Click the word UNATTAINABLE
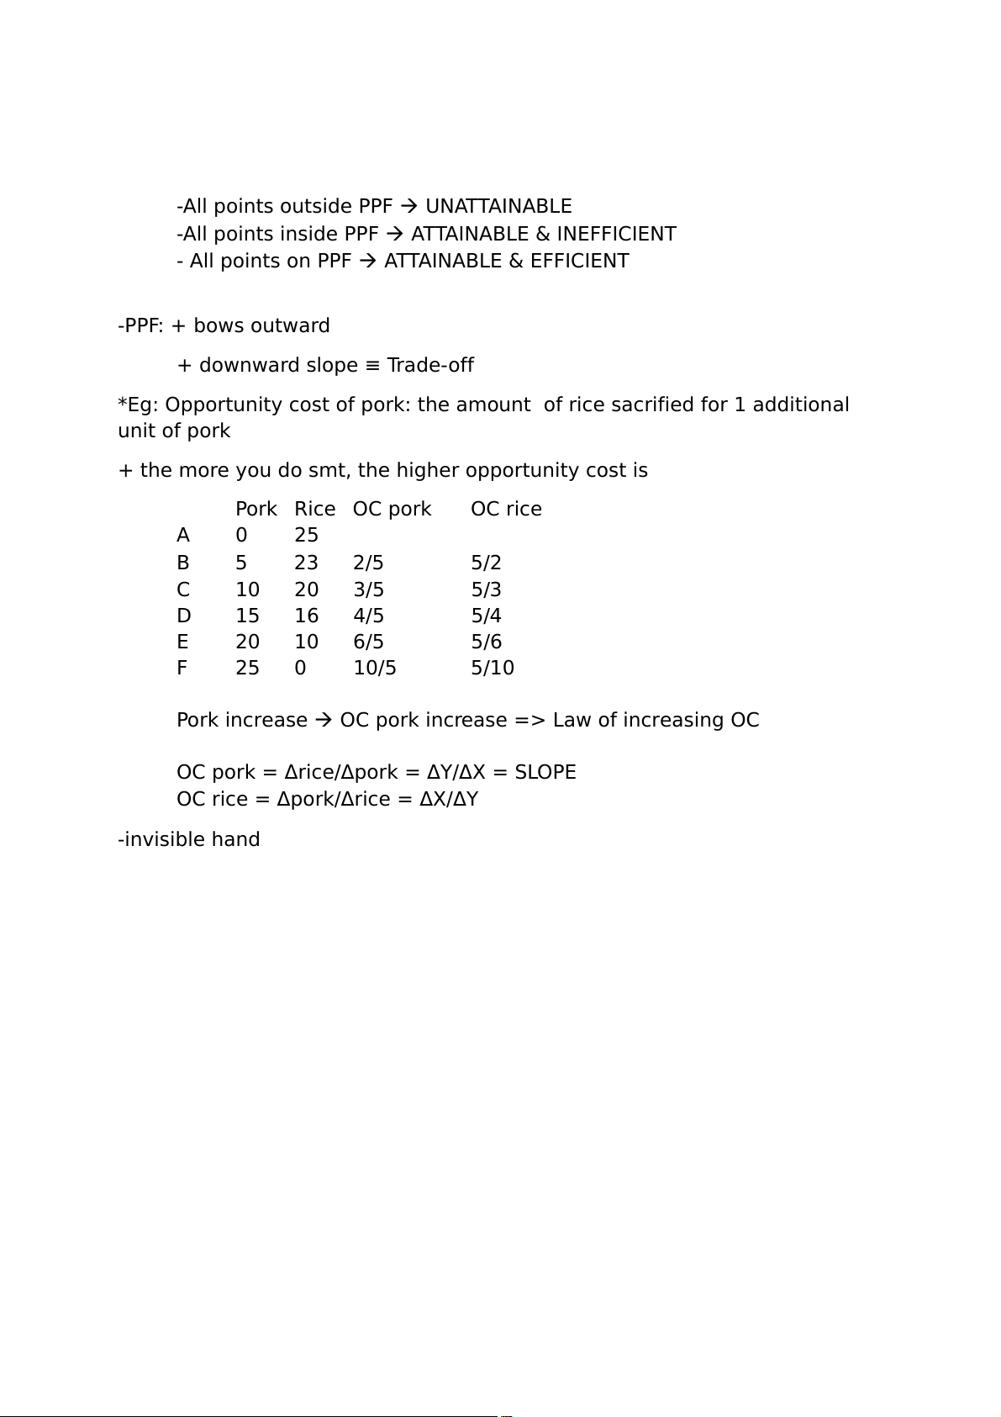498,207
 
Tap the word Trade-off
430,365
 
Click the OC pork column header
392,509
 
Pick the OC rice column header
506,509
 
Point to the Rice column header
314,509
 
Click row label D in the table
184,616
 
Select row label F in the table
182,668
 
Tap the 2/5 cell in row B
368,563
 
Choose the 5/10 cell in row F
493,668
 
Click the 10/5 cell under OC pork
375,668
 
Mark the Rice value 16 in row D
306,616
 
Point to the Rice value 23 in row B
306,563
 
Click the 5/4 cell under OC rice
486,616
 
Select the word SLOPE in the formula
545,772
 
